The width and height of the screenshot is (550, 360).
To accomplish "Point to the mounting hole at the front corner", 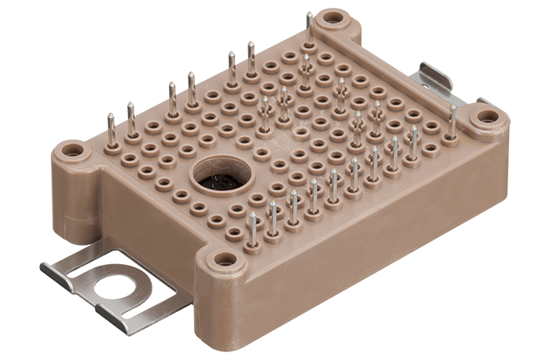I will click(x=225, y=259).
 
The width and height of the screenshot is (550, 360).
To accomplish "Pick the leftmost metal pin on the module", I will click(x=112, y=132).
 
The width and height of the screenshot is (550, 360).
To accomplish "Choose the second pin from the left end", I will click(x=131, y=120).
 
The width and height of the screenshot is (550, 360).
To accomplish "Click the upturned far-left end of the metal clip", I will click(x=49, y=272).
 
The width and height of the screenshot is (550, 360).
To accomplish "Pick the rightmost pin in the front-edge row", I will click(x=414, y=145).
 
